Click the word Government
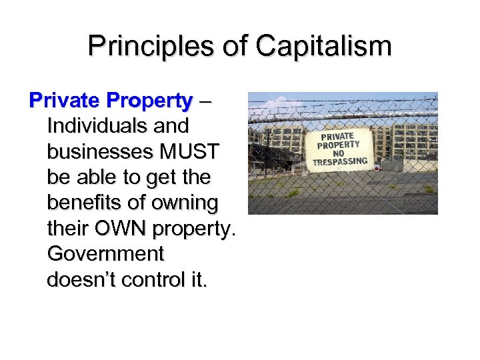click(x=105, y=254)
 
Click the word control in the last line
click(x=157, y=280)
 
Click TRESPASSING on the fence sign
click(x=340, y=162)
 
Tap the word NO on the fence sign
click(x=339, y=153)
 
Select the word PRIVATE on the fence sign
click(x=337, y=137)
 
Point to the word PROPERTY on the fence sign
click(x=339, y=145)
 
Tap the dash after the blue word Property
click(x=204, y=102)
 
